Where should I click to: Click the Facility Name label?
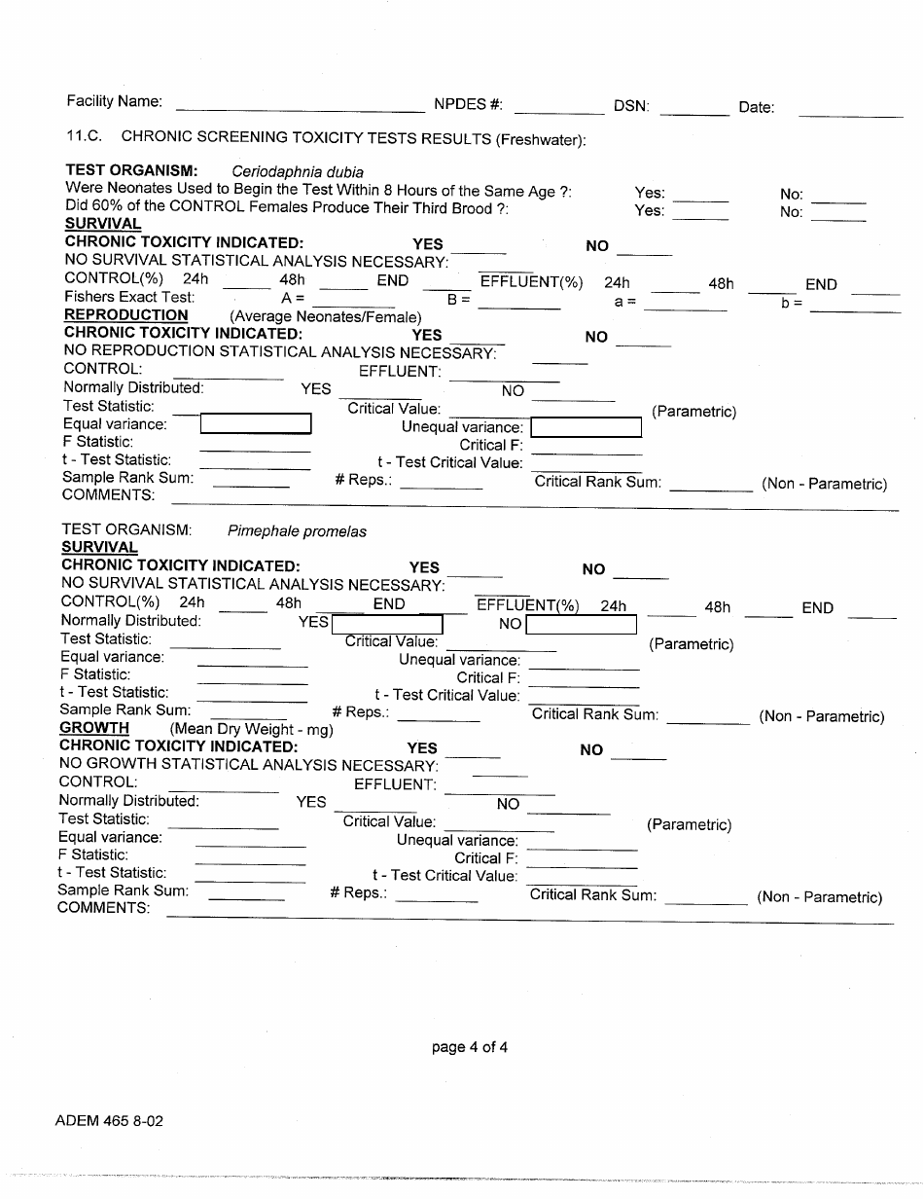[x=114, y=102]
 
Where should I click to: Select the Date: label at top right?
[x=756, y=108]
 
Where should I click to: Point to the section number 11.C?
[x=85, y=138]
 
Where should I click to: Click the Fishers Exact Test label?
[x=129, y=297]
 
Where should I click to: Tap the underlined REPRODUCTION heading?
[x=126, y=315]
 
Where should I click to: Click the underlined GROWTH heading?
[x=94, y=728]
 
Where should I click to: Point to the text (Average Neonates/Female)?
[x=326, y=317]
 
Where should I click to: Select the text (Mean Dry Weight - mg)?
[x=252, y=729]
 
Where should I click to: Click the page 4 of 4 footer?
[x=470, y=1048]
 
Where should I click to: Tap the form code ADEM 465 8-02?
[x=109, y=1121]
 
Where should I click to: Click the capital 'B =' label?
[x=459, y=300]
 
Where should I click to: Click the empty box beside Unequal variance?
[x=586, y=428]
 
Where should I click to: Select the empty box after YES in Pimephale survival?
[x=387, y=624]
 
